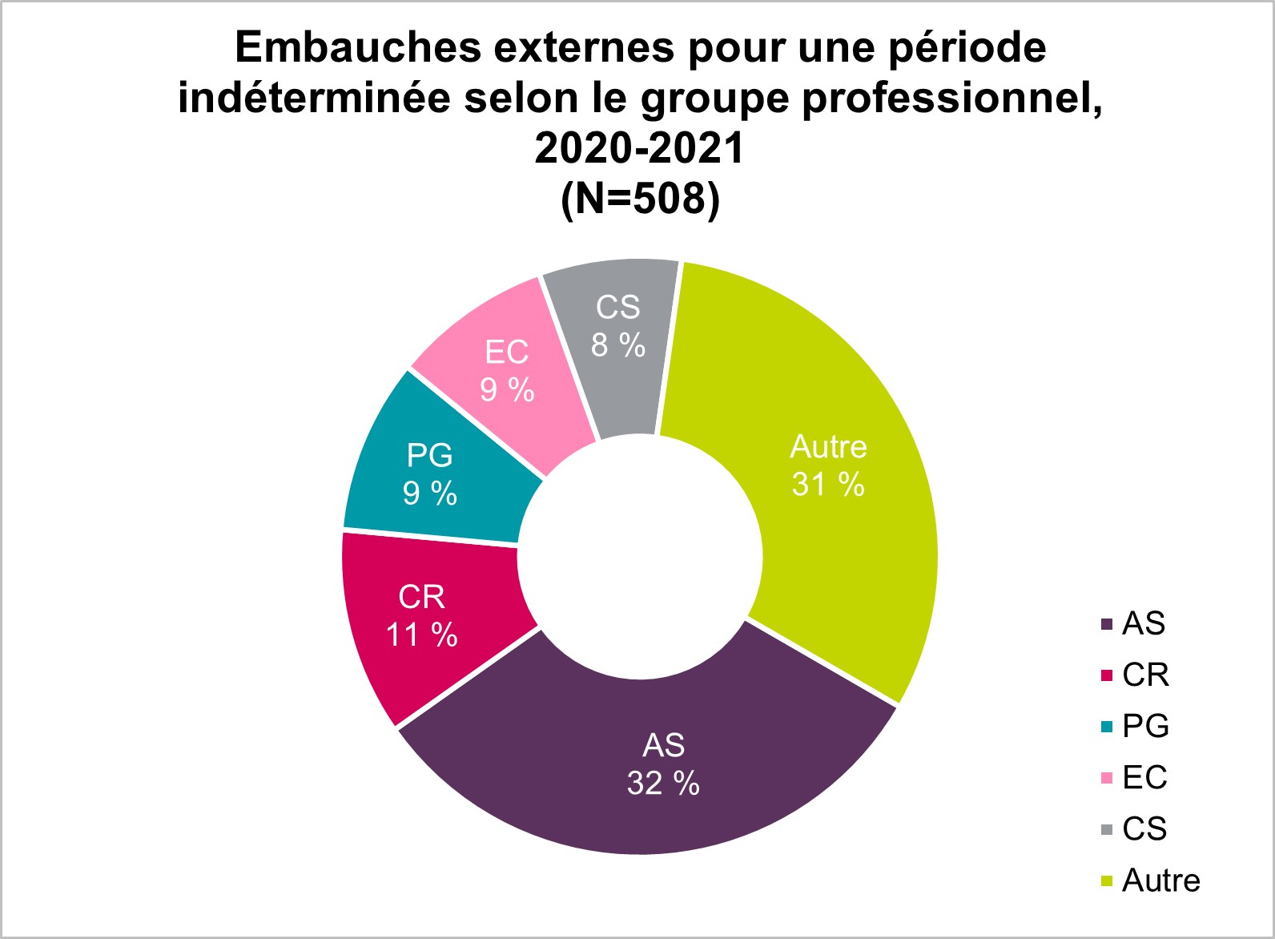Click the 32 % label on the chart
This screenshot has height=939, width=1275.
663,784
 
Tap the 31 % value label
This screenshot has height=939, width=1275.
828,485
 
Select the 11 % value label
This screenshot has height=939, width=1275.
421,635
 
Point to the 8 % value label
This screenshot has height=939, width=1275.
618,345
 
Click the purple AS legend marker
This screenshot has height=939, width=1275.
1108,624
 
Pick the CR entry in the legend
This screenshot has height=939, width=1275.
1145,675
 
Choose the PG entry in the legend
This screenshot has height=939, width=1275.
1145,727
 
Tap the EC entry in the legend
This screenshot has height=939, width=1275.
1144,778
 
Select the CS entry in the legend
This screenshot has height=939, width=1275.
1144,829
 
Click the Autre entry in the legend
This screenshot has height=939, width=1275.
1160,881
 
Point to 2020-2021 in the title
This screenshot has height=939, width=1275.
640,148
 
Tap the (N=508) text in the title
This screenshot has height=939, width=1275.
640,199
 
